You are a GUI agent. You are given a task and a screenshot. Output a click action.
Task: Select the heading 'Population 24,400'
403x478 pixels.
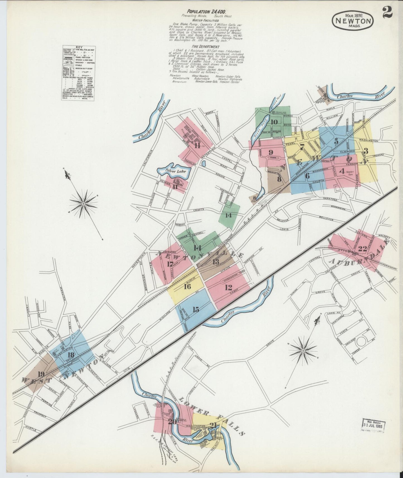pyautogui.click(x=206, y=11)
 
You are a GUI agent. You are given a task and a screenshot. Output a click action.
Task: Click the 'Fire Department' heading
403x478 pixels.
pyautogui.click(x=206, y=47)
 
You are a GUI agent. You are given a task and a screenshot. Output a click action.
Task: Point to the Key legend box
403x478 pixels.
pyautogui.click(x=78, y=73)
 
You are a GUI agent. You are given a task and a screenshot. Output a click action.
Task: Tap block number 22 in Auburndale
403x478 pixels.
pyautogui.click(x=362, y=249)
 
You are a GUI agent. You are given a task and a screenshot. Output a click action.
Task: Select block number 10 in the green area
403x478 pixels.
pyautogui.click(x=274, y=122)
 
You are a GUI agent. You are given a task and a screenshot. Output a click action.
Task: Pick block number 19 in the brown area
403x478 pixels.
pyautogui.click(x=41, y=374)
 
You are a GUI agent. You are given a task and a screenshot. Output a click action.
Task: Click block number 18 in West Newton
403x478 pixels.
pyautogui.click(x=71, y=355)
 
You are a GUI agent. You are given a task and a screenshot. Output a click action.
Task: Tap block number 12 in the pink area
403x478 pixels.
pyautogui.click(x=228, y=287)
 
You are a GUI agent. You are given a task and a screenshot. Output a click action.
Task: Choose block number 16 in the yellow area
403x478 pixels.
pyautogui.click(x=187, y=286)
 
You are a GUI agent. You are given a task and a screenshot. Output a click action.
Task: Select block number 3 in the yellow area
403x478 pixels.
pyautogui.click(x=366, y=151)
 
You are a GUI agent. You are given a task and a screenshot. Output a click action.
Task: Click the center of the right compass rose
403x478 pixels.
pyautogui.click(x=303, y=350)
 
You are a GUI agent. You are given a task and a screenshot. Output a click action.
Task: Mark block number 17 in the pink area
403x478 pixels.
pyautogui.click(x=170, y=264)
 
